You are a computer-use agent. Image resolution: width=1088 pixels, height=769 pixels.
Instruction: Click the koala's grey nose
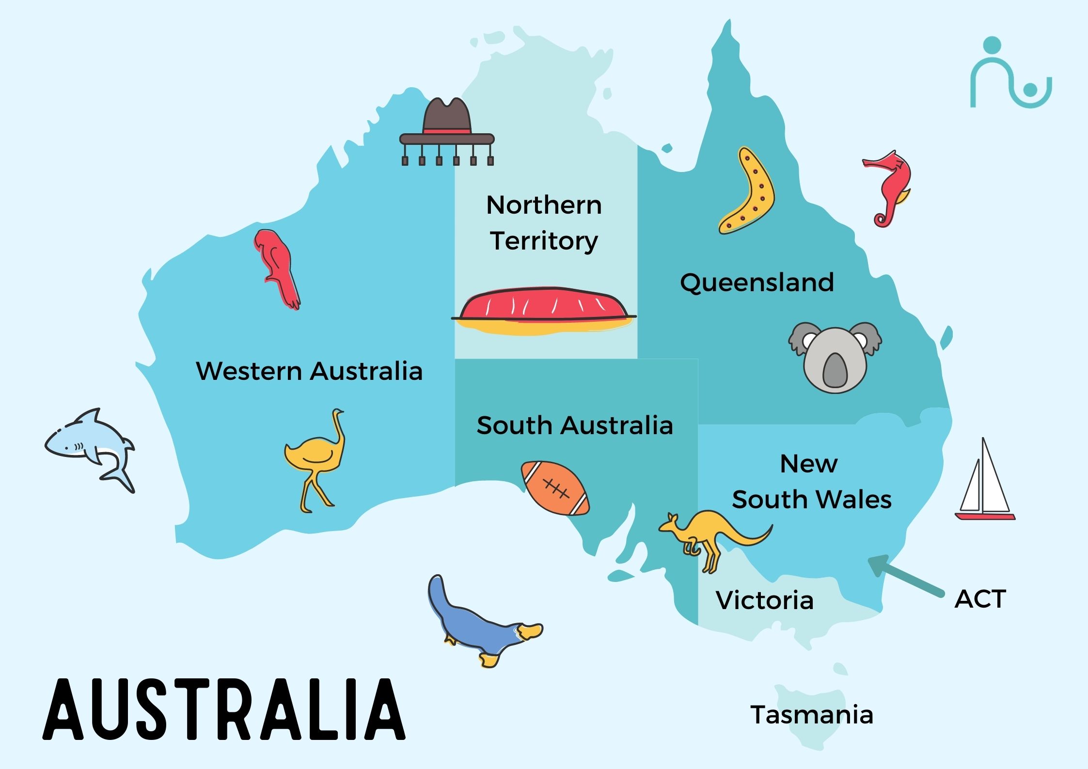834,370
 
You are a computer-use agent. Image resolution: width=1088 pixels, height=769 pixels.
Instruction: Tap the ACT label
980,599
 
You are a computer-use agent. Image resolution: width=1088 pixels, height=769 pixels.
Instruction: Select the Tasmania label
812,715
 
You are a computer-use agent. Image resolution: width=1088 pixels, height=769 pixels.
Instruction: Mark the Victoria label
764,600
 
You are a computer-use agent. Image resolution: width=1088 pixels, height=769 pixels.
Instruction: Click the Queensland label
757,282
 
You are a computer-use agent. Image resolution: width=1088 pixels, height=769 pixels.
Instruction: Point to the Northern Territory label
544,223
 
